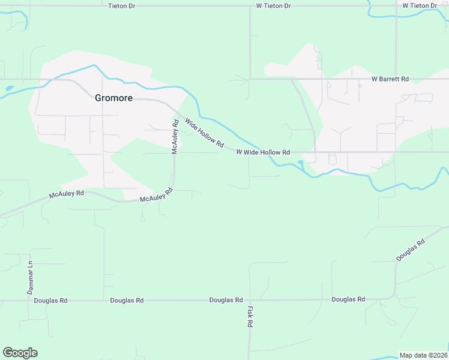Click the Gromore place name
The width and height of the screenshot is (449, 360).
tap(113, 98)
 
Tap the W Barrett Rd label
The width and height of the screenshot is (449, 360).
tap(390, 79)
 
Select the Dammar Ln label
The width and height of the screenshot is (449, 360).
tap(30, 277)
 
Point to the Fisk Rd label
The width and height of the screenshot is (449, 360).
tap(250, 316)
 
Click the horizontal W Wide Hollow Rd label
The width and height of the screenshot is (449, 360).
tap(263, 152)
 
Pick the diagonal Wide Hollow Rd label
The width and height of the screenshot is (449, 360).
tap(204, 133)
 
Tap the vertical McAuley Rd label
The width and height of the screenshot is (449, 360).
tap(175, 137)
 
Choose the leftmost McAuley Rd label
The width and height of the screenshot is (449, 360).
tap(67, 194)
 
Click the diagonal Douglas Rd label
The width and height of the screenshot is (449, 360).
tap(411, 250)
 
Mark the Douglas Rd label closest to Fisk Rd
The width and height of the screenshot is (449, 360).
tap(226, 299)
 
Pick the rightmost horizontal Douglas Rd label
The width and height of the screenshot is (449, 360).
tap(348, 299)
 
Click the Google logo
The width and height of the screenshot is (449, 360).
tap(20, 353)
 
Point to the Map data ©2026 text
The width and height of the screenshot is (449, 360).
tap(423, 355)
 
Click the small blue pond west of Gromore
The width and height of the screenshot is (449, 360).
tap(9, 88)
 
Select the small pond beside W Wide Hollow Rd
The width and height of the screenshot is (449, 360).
tap(300, 164)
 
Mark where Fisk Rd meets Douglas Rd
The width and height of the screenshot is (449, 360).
tap(249, 299)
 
